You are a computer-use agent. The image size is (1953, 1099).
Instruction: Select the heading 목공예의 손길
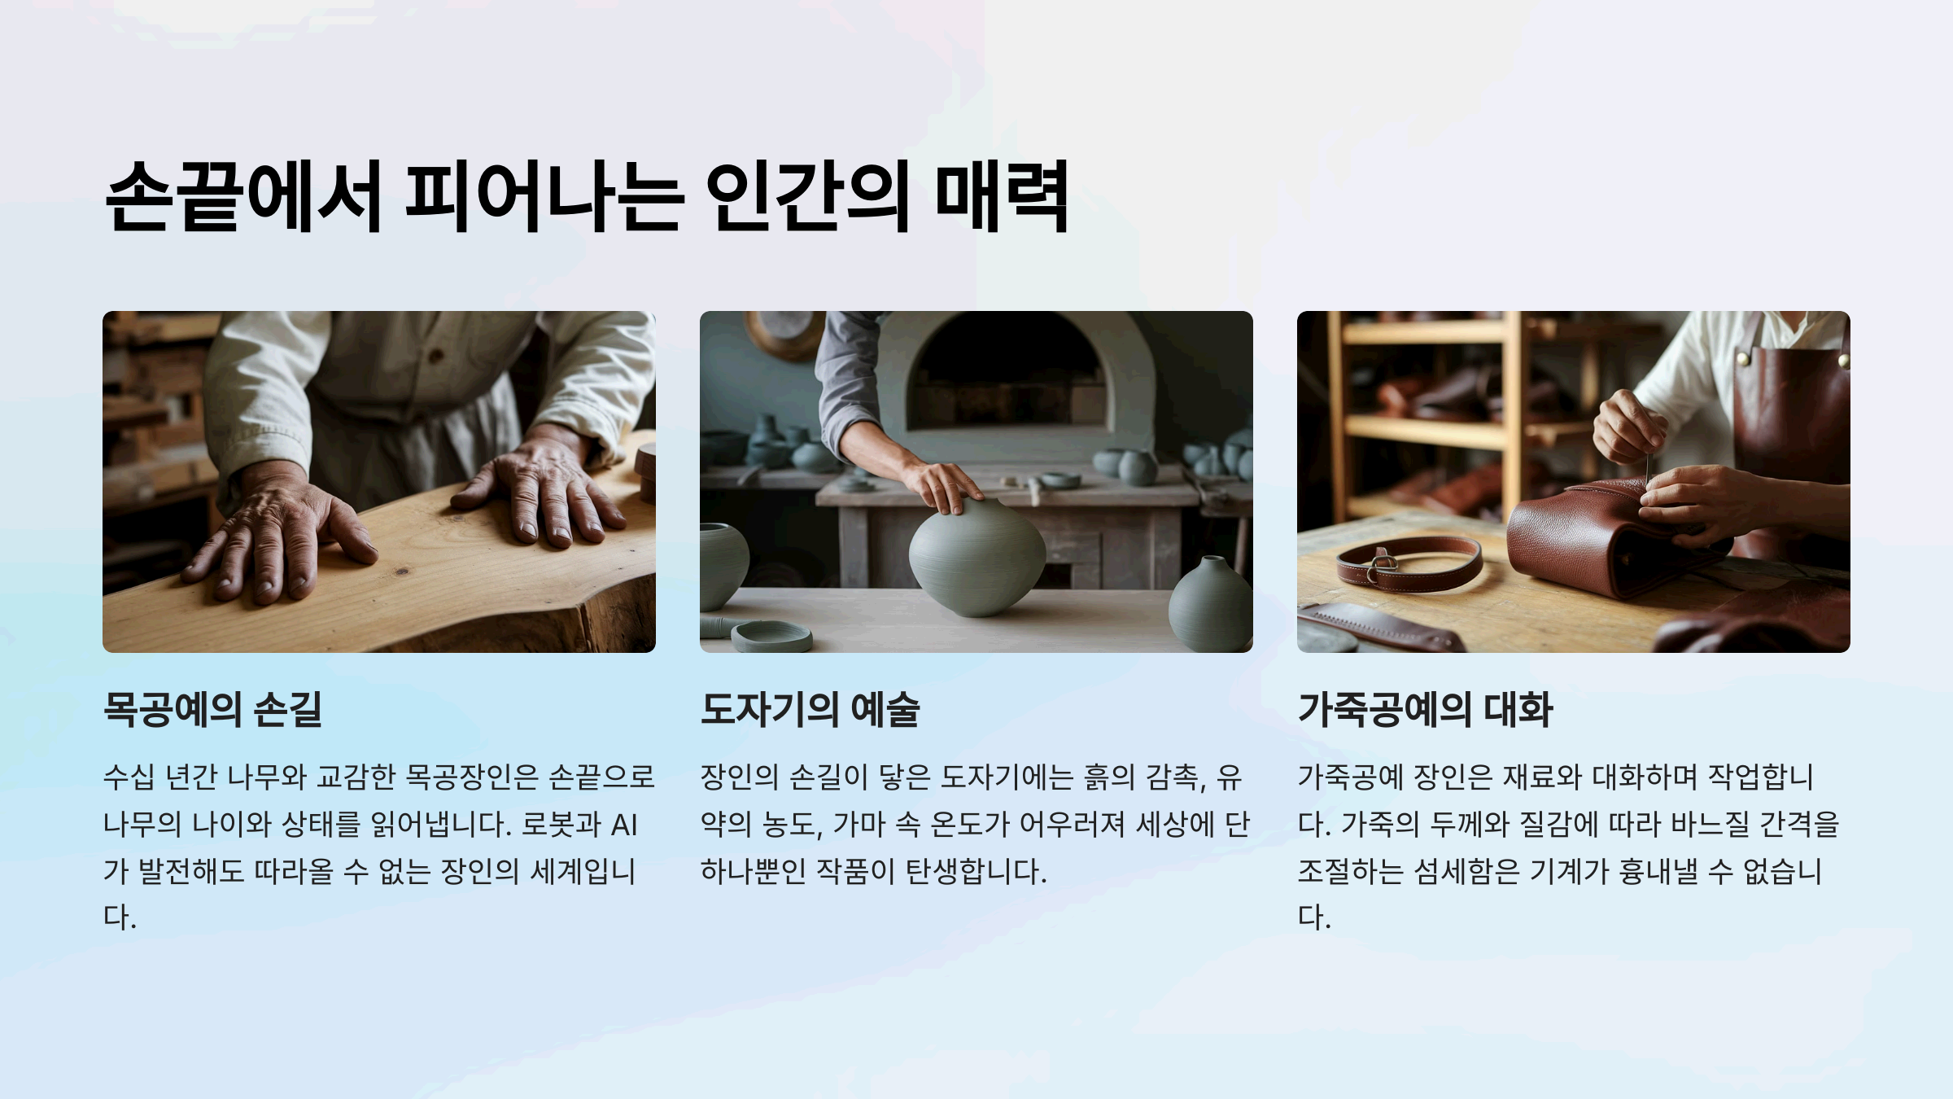click(212, 709)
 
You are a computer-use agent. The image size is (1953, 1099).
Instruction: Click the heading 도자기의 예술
click(810, 709)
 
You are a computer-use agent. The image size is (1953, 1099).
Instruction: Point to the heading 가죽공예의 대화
click(1425, 709)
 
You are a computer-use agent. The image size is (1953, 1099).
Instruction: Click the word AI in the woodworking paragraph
click(623, 825)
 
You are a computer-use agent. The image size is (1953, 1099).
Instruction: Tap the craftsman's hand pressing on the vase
click(944, 484)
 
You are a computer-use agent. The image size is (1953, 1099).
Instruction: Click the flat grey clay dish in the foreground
click(771, 636)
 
